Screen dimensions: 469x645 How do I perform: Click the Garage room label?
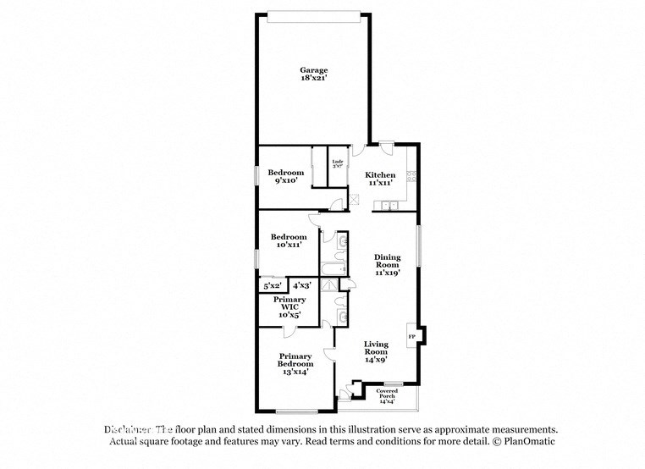click(x=313, y=74)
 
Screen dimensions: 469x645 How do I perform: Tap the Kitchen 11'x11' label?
click(x=380, y=179)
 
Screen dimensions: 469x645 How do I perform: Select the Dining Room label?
click(x=387, y=264)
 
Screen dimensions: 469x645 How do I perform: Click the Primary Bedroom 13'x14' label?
click(x=295, y=362)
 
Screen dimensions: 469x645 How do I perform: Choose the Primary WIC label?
click(x=288, y=307)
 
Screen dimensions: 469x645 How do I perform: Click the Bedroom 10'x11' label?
click(x=288, y=240)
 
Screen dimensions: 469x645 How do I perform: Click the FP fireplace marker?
click(x=412, y=337)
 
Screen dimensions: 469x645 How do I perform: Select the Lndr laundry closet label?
click(x=337, y=163)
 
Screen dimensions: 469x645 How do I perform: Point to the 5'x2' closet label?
click(x=273, y=285)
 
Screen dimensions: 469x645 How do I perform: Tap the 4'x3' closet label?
click(x=302, y=285)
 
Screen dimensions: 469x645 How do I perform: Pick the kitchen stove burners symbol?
click(x=411, y=178)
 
